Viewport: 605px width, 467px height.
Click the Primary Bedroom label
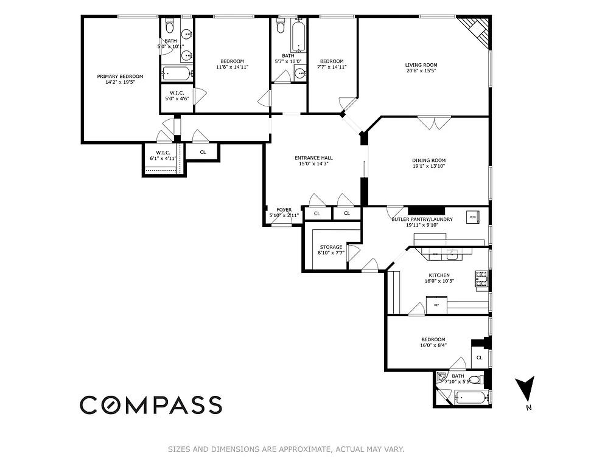(120, 77)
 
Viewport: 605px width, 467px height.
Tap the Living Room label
(421, 65)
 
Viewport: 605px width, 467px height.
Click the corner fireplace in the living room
(477, 31)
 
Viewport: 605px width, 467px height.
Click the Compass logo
(151, 404)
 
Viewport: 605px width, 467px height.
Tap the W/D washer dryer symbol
(472, 216)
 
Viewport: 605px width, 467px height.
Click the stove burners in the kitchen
(481, 279)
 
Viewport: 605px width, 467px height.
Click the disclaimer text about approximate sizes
(286, 450)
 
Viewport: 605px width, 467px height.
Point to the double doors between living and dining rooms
(434, 122)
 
